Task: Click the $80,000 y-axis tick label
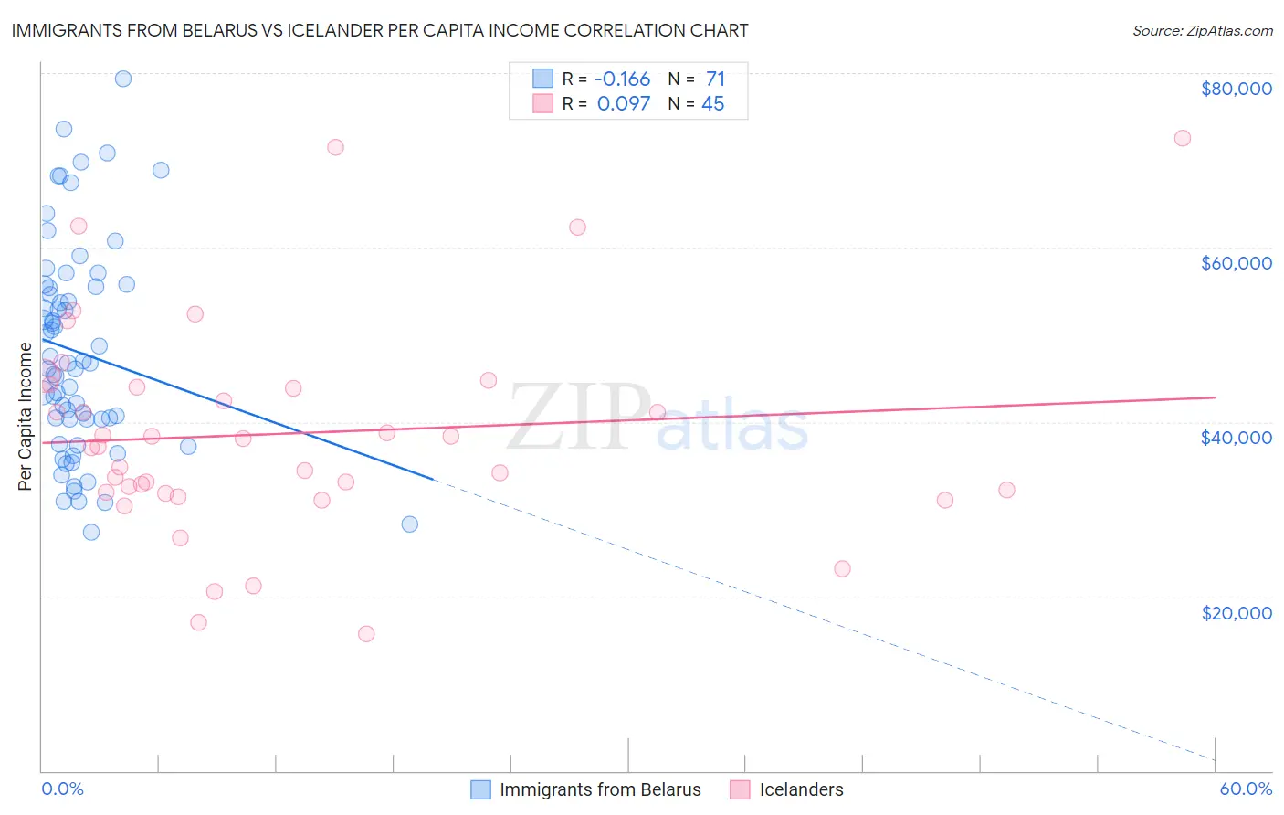1236,89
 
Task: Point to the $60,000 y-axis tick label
1236,263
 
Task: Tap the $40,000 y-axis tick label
1236,438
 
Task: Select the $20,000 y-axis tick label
1236,612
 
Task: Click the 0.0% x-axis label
62,789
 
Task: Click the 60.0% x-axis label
1245,789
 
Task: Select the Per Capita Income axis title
26,417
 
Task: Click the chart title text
380,30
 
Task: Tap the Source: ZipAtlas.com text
1202,31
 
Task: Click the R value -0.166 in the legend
622,79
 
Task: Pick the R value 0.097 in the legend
624,103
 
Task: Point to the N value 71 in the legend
715,79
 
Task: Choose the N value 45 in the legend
712,103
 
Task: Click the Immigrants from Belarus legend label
600,789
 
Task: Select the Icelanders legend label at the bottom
801,789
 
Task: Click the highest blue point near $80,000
123,79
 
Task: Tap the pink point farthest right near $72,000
1182,138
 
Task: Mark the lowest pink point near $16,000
366,633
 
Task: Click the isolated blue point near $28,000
410,524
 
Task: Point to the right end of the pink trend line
1215,397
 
